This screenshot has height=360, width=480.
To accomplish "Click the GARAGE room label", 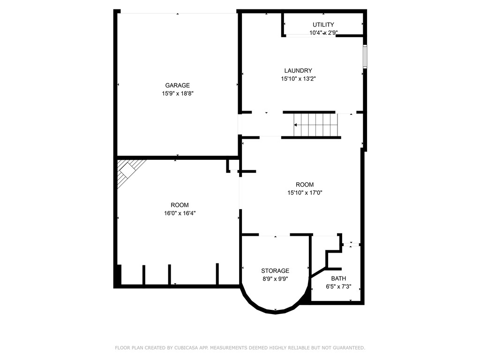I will pyautogui.click(x=177, y=85).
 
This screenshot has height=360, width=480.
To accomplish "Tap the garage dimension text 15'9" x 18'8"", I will pyautogui.click(x=178, y=94).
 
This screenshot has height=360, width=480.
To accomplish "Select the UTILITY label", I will pyautogui.click(x=323, y=25).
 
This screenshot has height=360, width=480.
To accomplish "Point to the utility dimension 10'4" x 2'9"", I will pyautogui.click(x=323, y=33).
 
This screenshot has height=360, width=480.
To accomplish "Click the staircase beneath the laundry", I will pyautogui.click(x=315, y=125).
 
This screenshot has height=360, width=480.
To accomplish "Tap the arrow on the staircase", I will pyautogui.click(x=296, y=125).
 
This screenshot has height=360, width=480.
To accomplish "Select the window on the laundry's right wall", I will pyautogui.click(x=365, y=57).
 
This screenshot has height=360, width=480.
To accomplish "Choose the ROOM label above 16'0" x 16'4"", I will pyautogui.click(x=180, y=205).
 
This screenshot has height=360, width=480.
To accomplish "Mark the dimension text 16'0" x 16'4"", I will pyautogui.click(x=180, y=213).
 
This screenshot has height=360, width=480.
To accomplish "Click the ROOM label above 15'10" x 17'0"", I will pyautogui.click(x=305, y=185).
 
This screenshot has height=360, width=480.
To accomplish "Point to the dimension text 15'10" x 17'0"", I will pyautogui.click(x=305, y=193).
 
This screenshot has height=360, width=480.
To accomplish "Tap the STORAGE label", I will pyautogui.click(x=275, y=270).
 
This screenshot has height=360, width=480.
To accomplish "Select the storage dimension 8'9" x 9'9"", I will pyautogui.click(x=275, y=278).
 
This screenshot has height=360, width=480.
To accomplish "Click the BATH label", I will pyautogui.click(x=338, y=278).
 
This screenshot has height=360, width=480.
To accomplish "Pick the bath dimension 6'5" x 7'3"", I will pyautogui.click(x=338, y=286).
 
